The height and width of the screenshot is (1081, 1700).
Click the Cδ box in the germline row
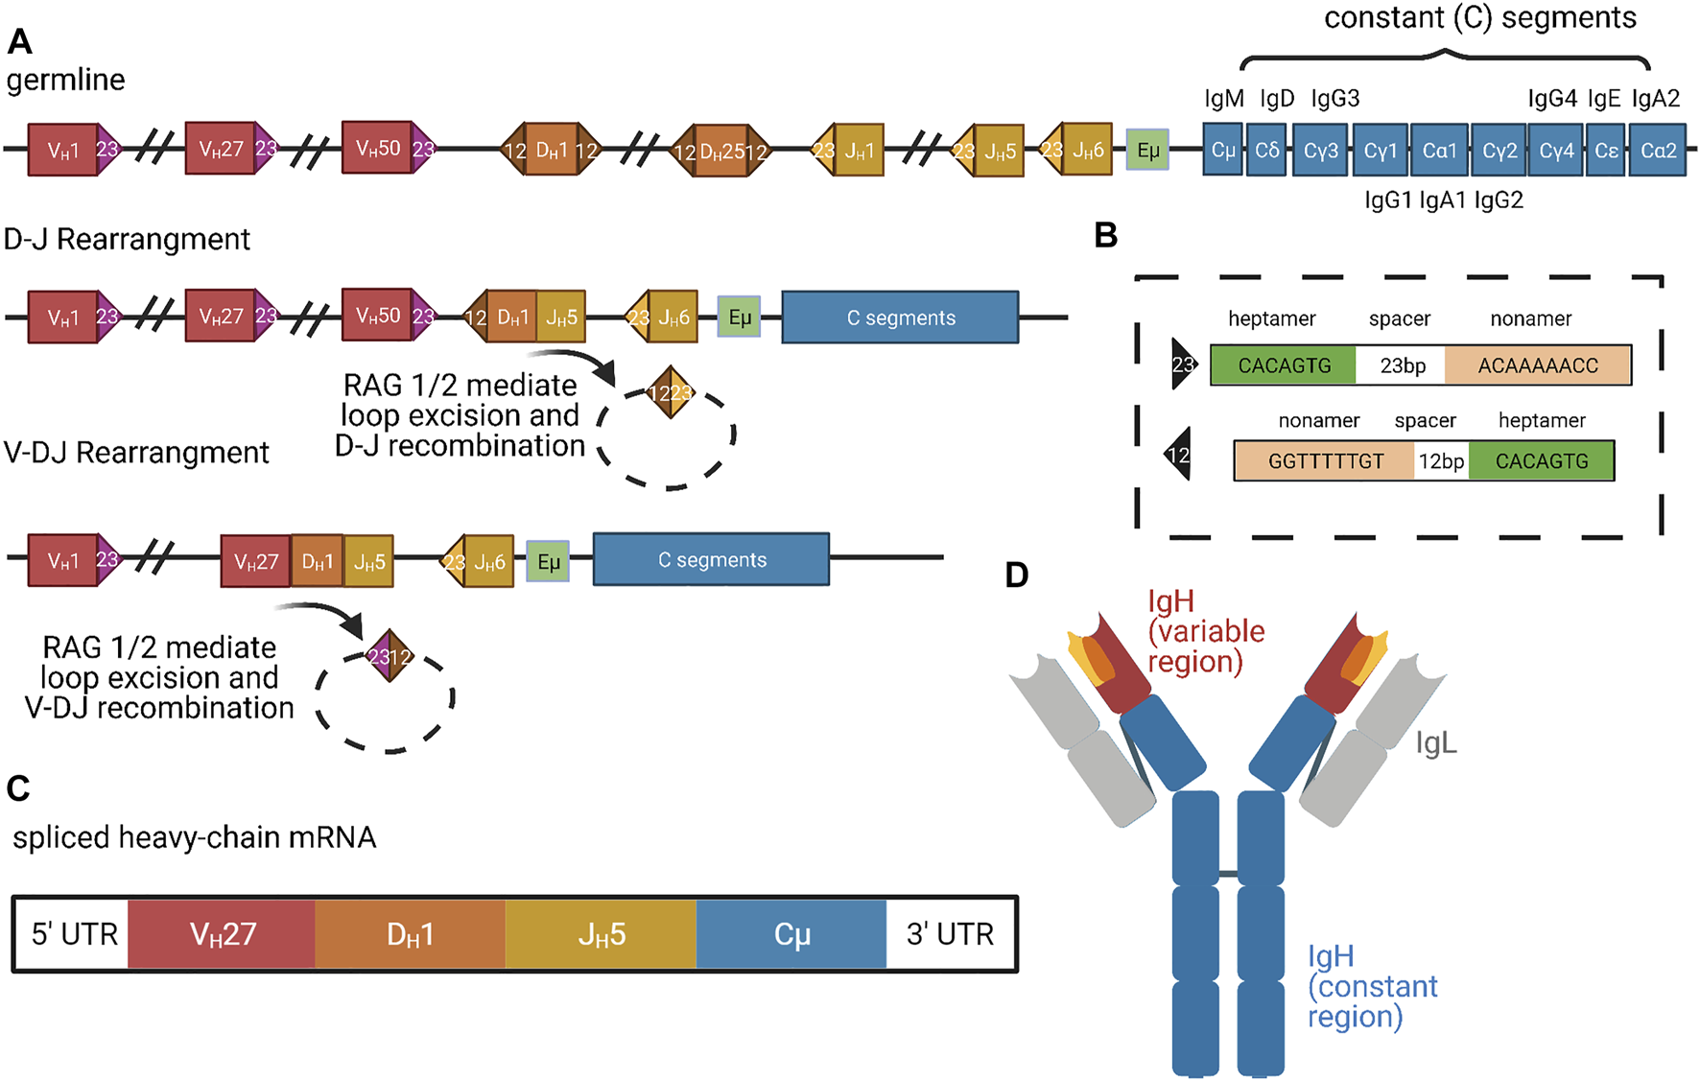pyautogui.click(x=1266, y=151)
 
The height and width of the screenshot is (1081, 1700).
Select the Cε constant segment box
pyautogui.click(x=1606, y=151)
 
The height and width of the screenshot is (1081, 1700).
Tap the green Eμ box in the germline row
pyautogui.click(x=1147, y=151)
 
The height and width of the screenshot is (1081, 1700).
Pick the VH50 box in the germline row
pyautogui.click(x=377, y=148)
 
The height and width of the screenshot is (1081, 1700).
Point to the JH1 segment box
pyautogui.click(x=859, y=151)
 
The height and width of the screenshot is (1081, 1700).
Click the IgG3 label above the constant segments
pyautogui.click(x=1334, y=99)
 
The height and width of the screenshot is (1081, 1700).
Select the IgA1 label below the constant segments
pyautogui.click(x=1443, y=200)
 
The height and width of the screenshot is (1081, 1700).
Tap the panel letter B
pyautogui.click(x=1106, y=235)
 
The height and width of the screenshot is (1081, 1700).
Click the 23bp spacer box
pyautogui.click(x=1401, y=365)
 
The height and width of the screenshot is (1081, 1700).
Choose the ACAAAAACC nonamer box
pyautogui.click(x=1537, y=365)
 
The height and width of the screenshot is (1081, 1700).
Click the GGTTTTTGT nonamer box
pyautogui.click(x=1325, y=461)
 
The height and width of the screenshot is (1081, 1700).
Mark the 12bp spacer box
pyautogui.click(x=1441, y=461)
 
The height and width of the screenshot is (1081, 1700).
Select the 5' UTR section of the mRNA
pyautogui.click(x=73, y=934)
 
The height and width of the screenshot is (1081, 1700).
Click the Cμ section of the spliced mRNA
pyautogui.click(x=791, y=934)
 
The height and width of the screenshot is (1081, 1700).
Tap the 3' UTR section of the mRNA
pyautogui.click(x=950, y=934)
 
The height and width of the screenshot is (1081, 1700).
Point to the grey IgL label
pyautogui.click(x=1436, y=743)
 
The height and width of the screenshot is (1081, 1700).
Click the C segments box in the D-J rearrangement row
pyautogui.click(x=900, y=317)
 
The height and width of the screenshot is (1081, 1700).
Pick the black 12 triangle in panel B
pyautogui.click(x=1179, y=455)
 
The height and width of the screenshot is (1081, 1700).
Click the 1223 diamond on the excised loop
pyautogui.click(x=670, y=392)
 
